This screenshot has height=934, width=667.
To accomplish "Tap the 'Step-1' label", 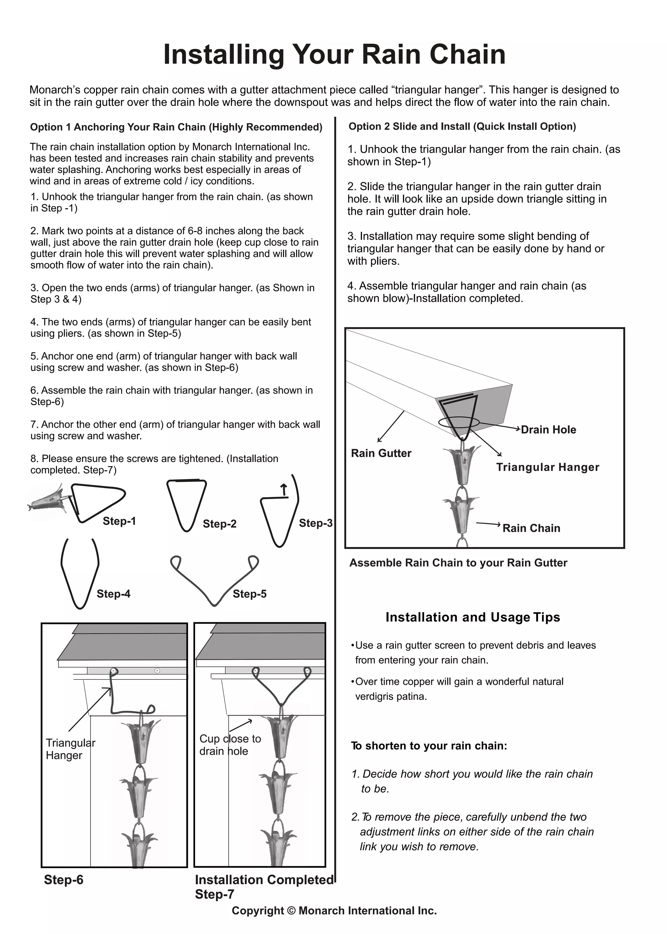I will pos(119,521).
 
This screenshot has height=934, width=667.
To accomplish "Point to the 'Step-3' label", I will pos(316,523).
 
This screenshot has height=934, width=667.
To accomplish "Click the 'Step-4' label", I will pos(113,594).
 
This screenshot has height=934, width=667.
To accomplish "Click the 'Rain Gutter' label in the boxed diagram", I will pos(381,453).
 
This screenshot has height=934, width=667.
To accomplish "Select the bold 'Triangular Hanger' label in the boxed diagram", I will pos(547,467).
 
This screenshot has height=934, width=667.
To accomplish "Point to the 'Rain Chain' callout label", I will pos(531,528).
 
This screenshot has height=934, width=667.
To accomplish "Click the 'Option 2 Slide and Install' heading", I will pos(462,126).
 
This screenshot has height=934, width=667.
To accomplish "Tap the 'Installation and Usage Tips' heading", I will pos(472,617).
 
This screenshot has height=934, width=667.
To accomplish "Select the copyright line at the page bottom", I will pos(334,911).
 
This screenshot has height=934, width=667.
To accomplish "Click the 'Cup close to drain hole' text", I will pos(230,745).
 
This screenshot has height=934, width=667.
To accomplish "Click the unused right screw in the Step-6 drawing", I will pos(157,671).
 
